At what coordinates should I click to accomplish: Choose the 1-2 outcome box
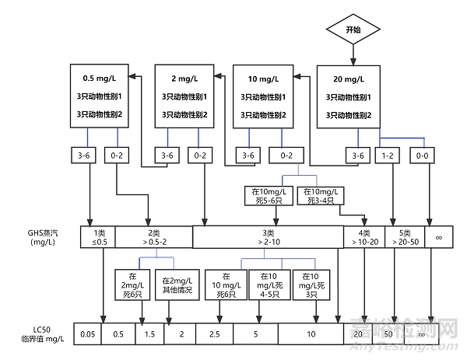click(x=388, y=156)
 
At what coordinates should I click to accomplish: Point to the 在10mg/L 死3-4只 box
click(x=319, y=196)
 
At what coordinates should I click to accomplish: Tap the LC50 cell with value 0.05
click(x=88, y=334)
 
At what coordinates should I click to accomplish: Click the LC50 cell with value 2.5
click(x=215, y=334)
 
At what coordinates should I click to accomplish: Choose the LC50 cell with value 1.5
click(x=148, y=334)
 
